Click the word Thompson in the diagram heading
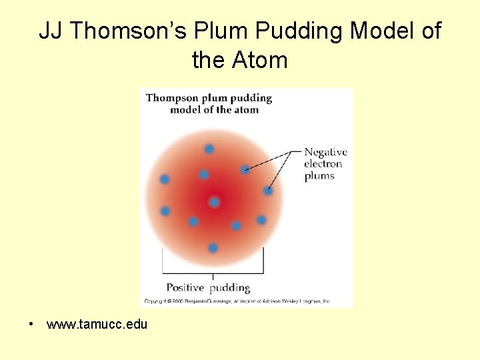[175, 98]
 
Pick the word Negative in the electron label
[325, 152]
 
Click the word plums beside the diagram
[319, 176]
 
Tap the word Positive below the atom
[185, 288]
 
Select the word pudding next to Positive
[230, 288]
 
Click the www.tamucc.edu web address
[97, 325]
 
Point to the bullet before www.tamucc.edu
[31, 325]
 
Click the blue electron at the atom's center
[214, 202]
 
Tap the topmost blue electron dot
[209, 149]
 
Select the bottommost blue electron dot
[213, 248]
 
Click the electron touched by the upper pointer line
[245, 170]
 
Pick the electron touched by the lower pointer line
[268, 191]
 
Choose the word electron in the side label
[323, 164]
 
